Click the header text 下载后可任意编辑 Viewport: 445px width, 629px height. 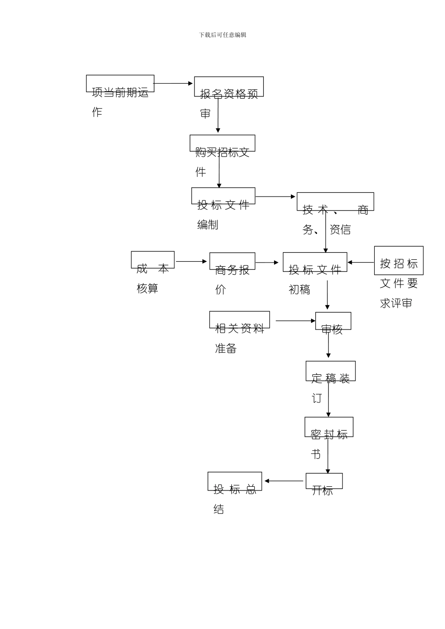point(222,35)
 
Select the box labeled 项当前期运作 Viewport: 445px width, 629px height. point(120,84)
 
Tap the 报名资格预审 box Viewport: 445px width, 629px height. point(229,87)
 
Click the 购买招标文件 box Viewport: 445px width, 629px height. point(222,143)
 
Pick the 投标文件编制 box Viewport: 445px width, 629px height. point(223,196)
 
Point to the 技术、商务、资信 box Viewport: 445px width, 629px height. point(335,202)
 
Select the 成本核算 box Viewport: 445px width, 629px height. point(153,260)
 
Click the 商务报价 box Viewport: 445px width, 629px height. point(232,261)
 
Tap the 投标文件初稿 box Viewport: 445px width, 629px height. point(315,262)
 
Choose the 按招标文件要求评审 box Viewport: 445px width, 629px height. point(399,261)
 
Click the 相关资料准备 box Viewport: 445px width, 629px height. point(239,320)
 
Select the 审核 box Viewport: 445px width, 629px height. point(333,321)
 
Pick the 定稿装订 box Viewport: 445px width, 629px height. point(330,371)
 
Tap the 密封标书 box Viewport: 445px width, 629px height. point(329,427)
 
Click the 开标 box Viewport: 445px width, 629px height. point(324,481)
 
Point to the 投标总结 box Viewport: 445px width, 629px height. point(235,481)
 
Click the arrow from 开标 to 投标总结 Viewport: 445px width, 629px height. point(284,481)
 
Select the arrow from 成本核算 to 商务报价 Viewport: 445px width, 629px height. point(192,262)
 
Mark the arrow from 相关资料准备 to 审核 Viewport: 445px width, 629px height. point(296,321)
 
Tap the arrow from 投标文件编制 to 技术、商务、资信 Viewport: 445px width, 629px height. point(275,197)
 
